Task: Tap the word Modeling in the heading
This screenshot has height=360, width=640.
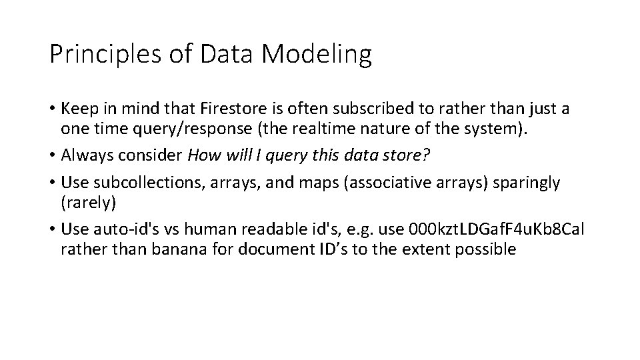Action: pos(317,55)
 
